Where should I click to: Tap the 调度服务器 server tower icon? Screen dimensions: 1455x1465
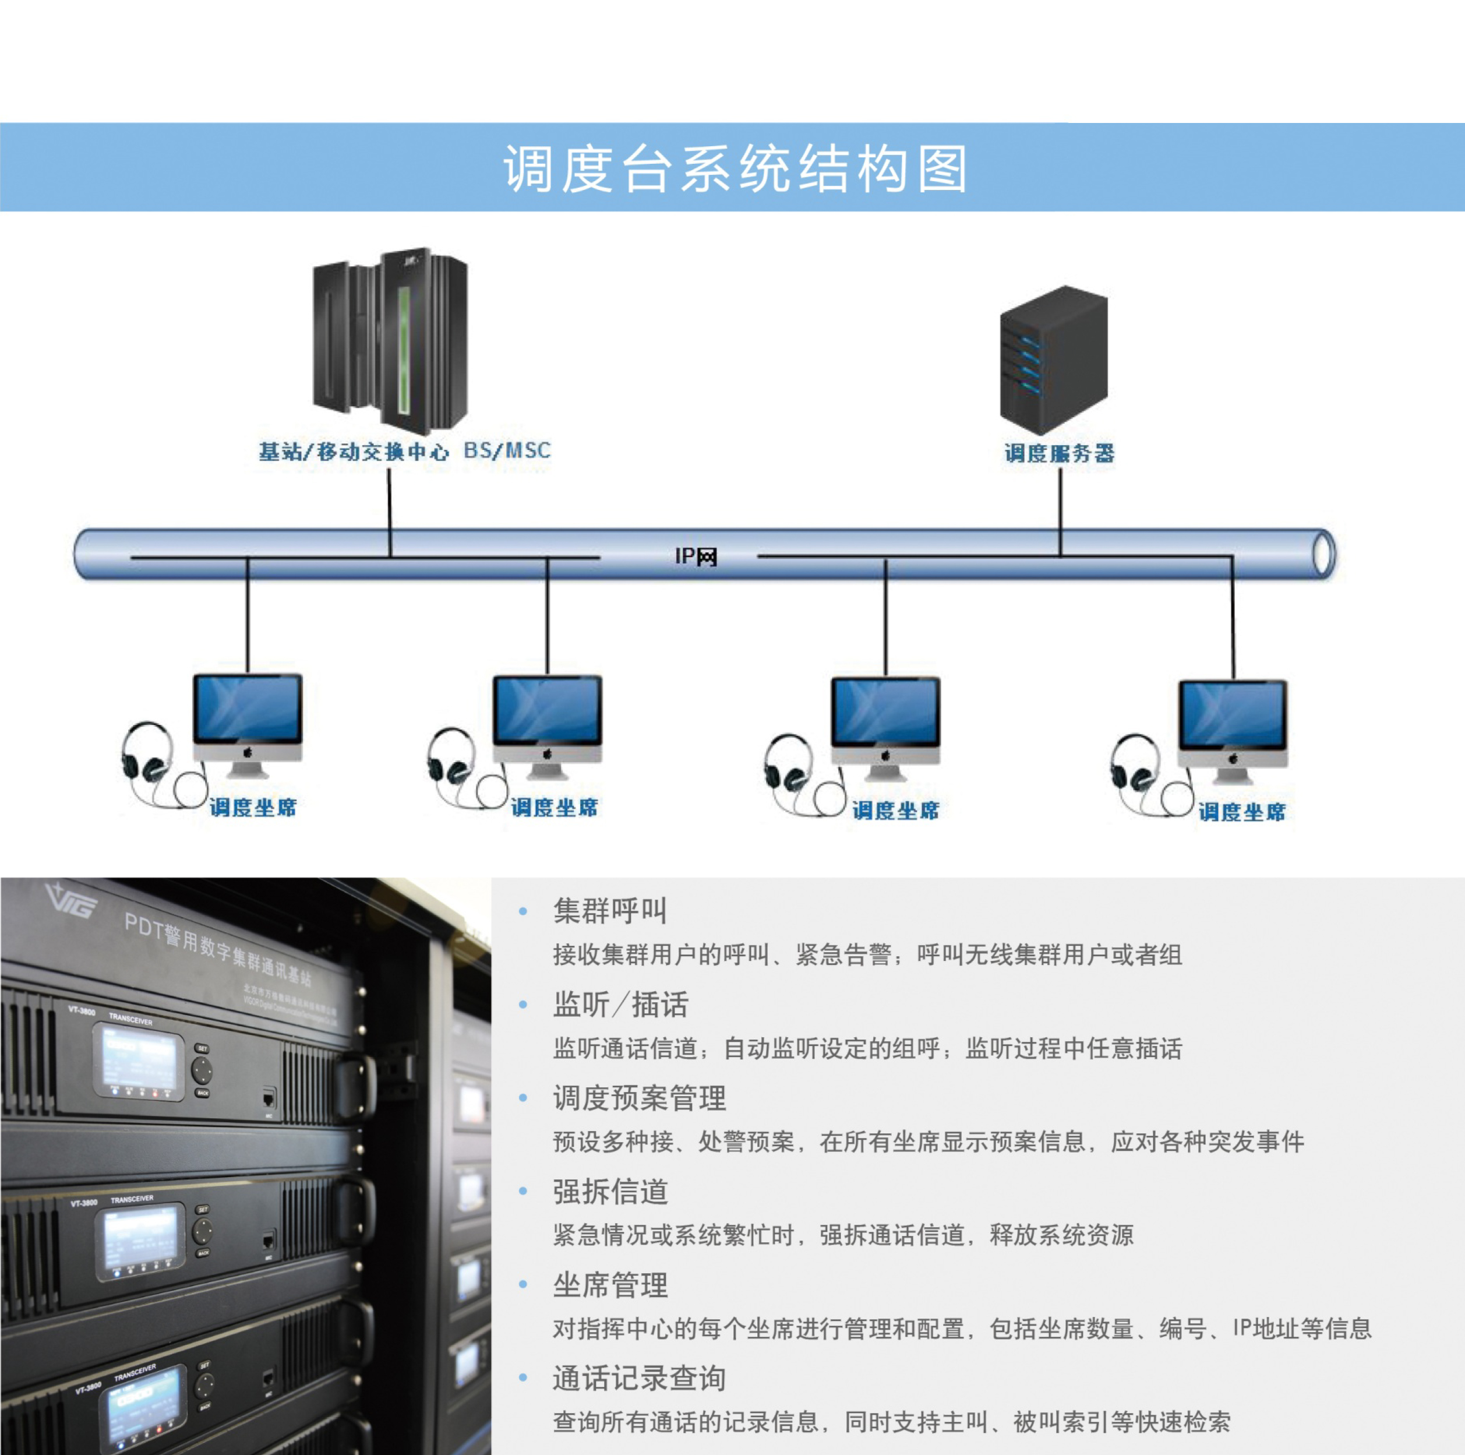tap(1054, 360)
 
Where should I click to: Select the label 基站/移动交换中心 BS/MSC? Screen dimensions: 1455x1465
tap(404, 452)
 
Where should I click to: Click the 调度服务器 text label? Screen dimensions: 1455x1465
tap(1060, 454)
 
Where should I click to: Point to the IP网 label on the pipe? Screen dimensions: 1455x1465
tap(696, 557)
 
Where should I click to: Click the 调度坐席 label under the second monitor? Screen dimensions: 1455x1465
tap(553, 807)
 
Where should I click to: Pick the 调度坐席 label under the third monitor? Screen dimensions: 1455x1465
tap(895, 810)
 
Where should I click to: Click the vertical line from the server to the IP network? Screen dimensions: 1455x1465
tap(1060, 508)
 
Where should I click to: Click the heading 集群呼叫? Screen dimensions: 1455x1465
tap(610, 910)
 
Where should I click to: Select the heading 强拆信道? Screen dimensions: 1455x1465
tap(610, 1192)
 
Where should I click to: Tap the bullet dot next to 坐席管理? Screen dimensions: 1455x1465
tap(523, 1284)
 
